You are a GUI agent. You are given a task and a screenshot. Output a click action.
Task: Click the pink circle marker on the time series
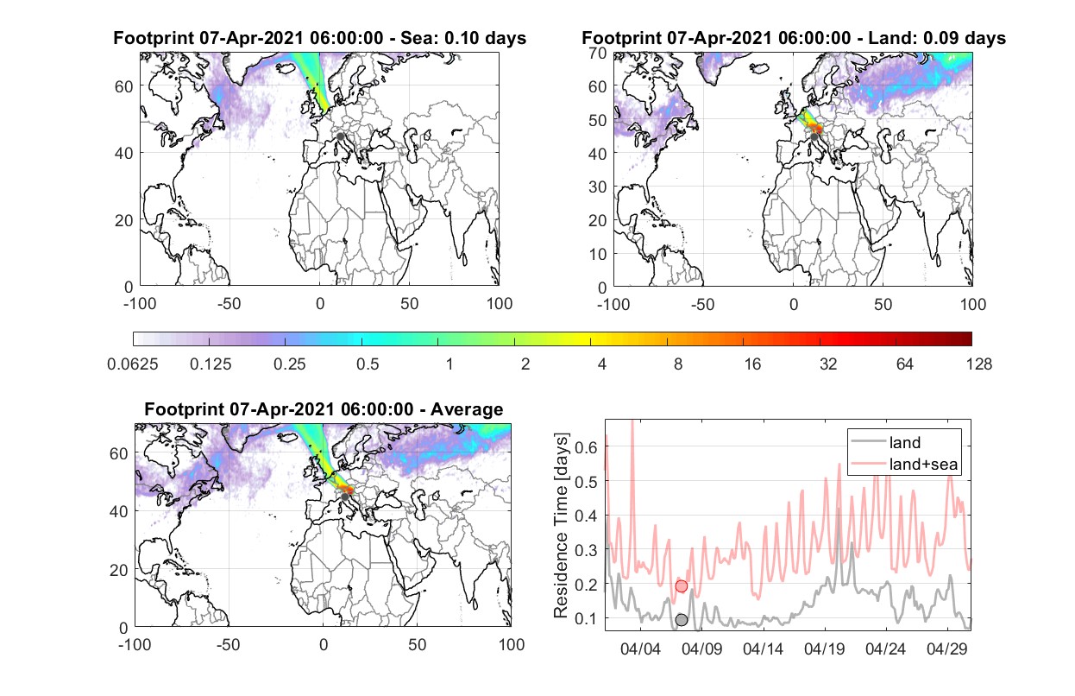pos(682,586)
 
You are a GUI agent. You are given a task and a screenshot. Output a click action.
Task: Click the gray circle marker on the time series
pos(682,620)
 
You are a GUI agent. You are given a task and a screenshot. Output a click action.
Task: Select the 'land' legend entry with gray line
pos(885,442)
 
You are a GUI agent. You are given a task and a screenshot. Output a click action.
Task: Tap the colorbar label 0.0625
pos(133,364)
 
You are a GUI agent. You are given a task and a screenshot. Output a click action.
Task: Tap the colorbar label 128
pos(978,364)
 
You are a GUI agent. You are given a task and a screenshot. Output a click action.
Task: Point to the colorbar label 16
pos(752,364)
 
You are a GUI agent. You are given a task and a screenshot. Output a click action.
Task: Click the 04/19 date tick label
pos(825,649)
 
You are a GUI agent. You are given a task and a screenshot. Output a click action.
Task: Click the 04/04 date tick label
pos(641,649)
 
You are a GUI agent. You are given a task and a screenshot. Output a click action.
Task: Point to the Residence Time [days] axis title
pos(561,526)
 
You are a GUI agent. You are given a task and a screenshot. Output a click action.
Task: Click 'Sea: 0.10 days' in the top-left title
pos(463,38)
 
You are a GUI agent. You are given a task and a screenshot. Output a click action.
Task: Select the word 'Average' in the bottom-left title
pos(467,409)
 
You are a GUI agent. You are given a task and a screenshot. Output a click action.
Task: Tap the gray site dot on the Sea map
pos(340,136)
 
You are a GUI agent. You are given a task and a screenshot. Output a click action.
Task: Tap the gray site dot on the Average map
pos(344,497)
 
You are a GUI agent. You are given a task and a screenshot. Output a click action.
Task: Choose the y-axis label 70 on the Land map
pos(598,54)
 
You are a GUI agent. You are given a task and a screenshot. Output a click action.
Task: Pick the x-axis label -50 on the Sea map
pos(229,304)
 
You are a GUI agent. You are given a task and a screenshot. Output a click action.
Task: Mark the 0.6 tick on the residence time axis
pos(586,447)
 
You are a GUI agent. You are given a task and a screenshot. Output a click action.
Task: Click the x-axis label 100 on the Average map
pos(511,644)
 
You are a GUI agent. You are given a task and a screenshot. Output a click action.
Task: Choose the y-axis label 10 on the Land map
pos(598,254)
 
